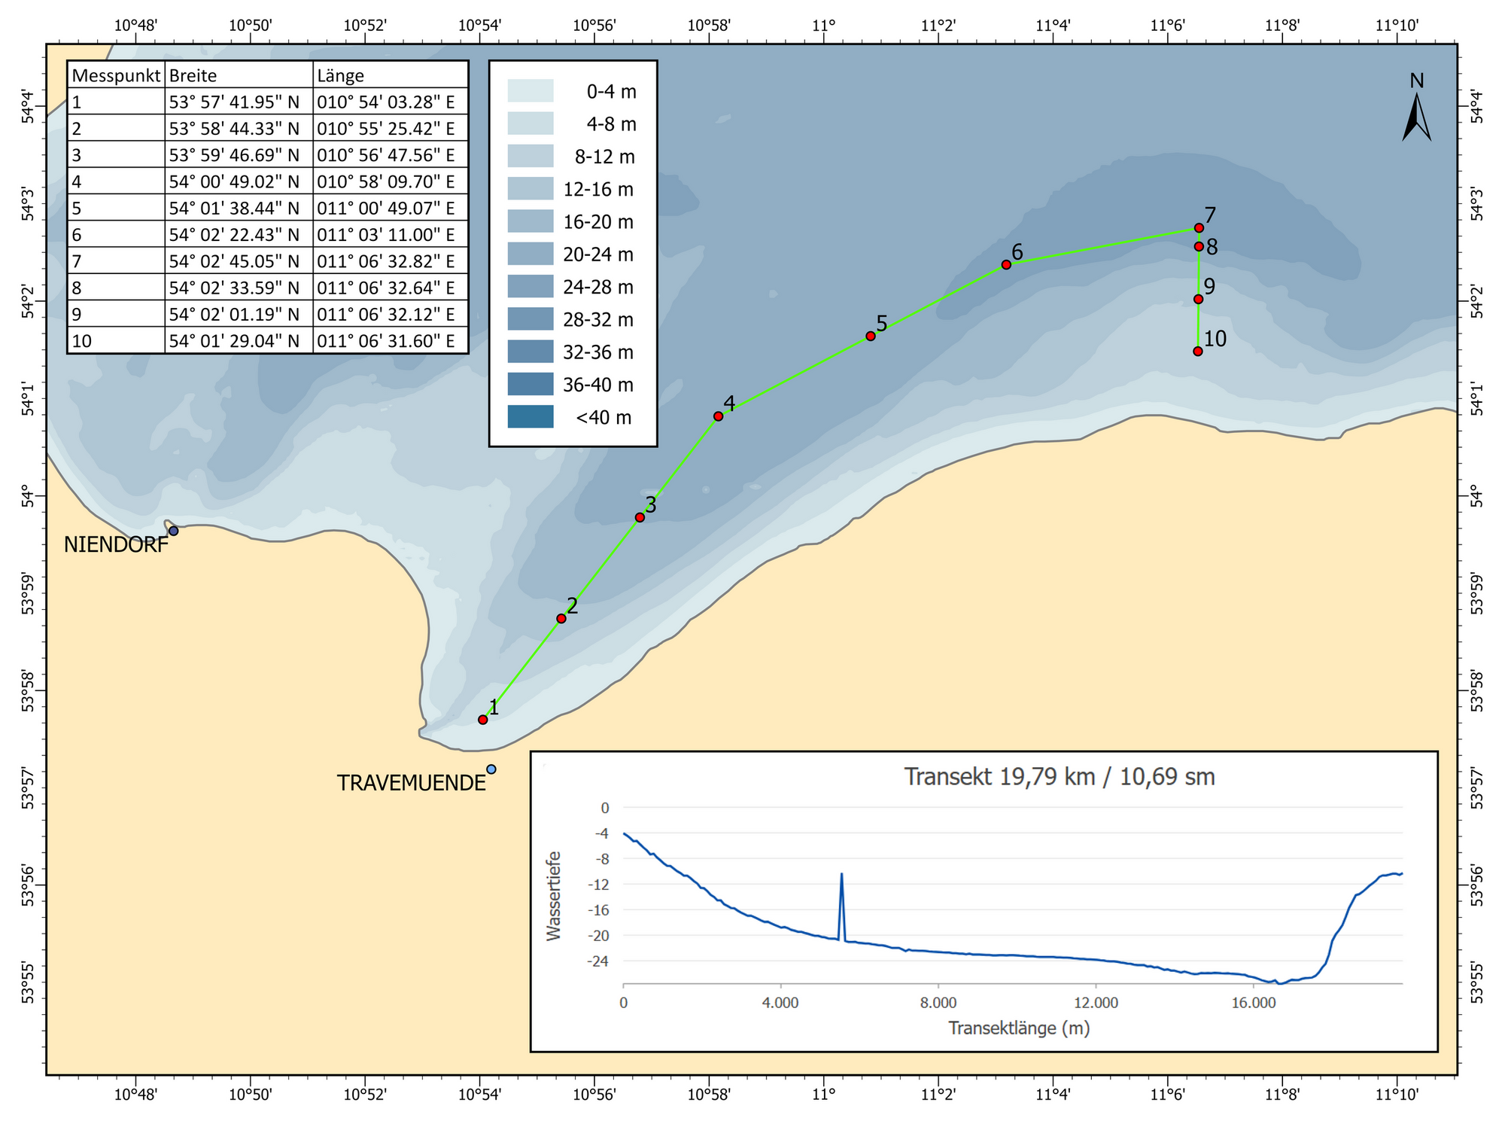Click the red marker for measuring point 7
(1199, 227)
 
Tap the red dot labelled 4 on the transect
(718, 416)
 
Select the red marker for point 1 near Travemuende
(483, 720)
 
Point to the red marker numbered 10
(1198, 351)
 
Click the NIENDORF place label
(116, 545)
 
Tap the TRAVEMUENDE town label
(411, 783)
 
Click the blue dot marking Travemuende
(491, 769)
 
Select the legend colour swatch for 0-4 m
(531, 91)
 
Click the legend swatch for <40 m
(531, 417)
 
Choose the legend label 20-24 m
(598, 254)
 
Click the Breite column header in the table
(193, 75)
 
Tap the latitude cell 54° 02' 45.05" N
(234, 261)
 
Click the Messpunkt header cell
(116, 75)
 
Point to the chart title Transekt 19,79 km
(1060, 776)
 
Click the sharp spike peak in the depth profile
(841, 874)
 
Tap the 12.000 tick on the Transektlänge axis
(1096, 1003)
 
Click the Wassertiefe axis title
(554, 895)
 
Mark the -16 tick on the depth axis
(600, 910)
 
